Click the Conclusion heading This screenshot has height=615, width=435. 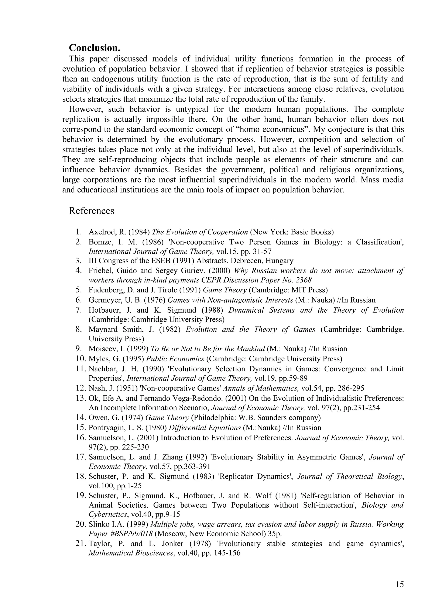pyautogui.click(x=94, y=48)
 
